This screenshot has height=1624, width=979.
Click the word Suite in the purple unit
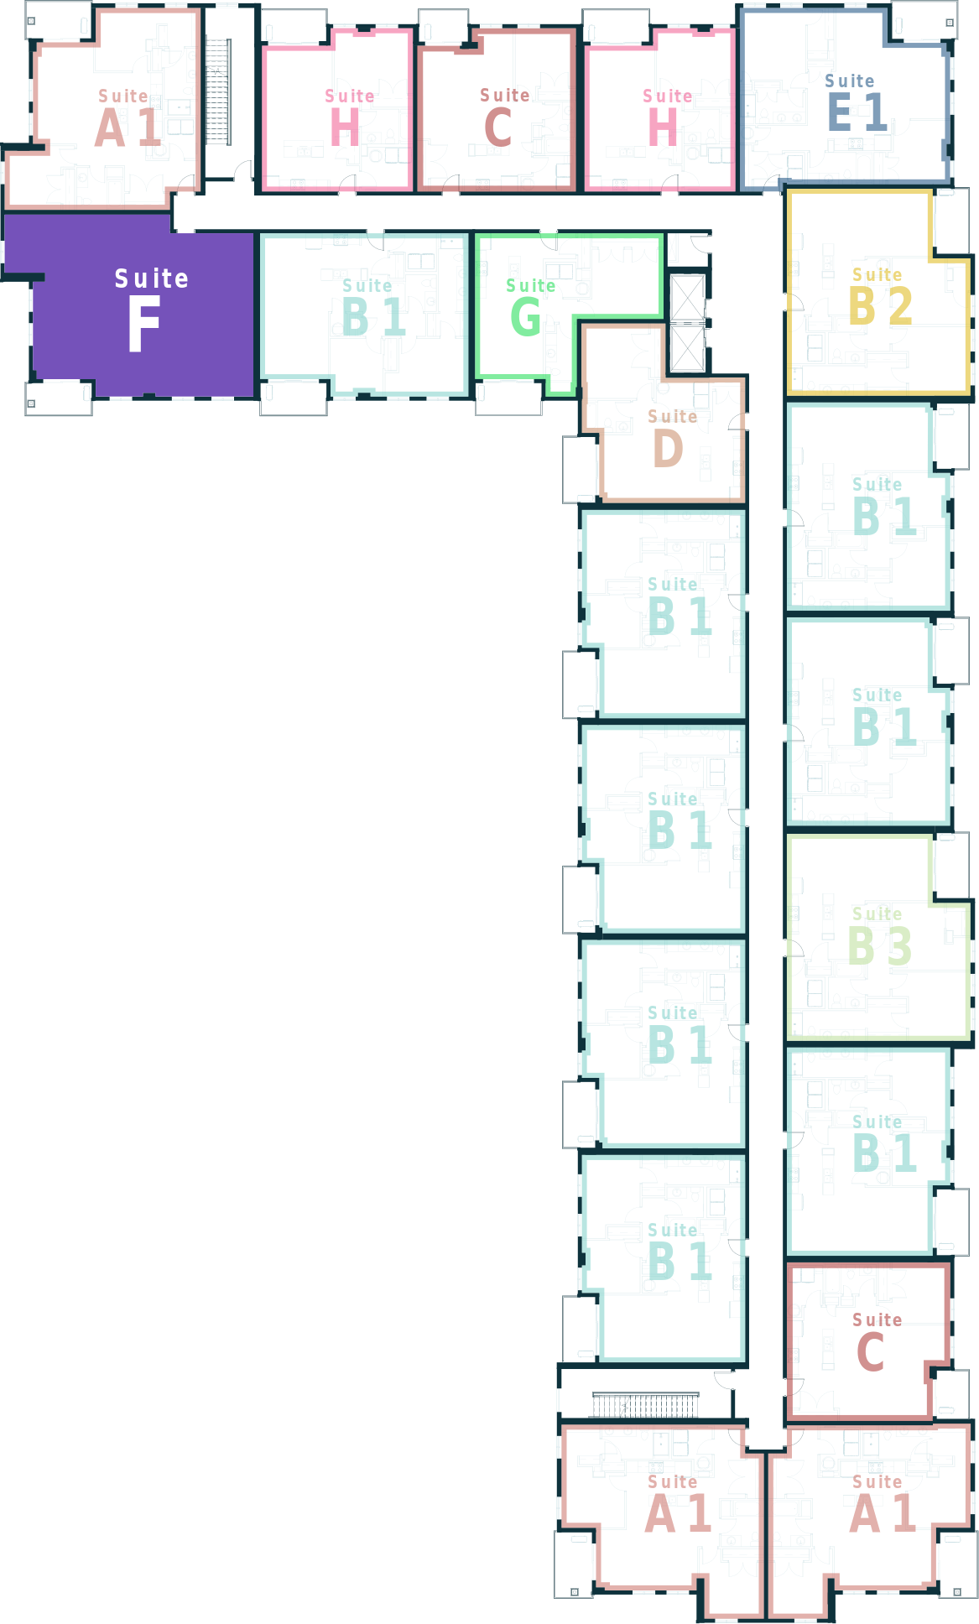click(x=152, y=278)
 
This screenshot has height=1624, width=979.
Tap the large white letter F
click(x=143, y=325)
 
